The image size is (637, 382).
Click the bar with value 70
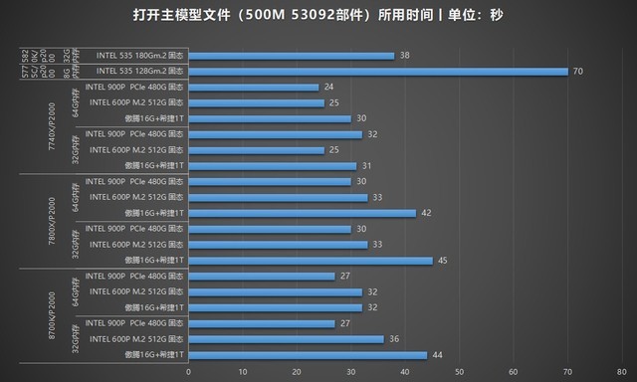point(377,72)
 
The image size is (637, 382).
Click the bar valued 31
point(271,166)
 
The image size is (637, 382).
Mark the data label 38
point(403,56)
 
